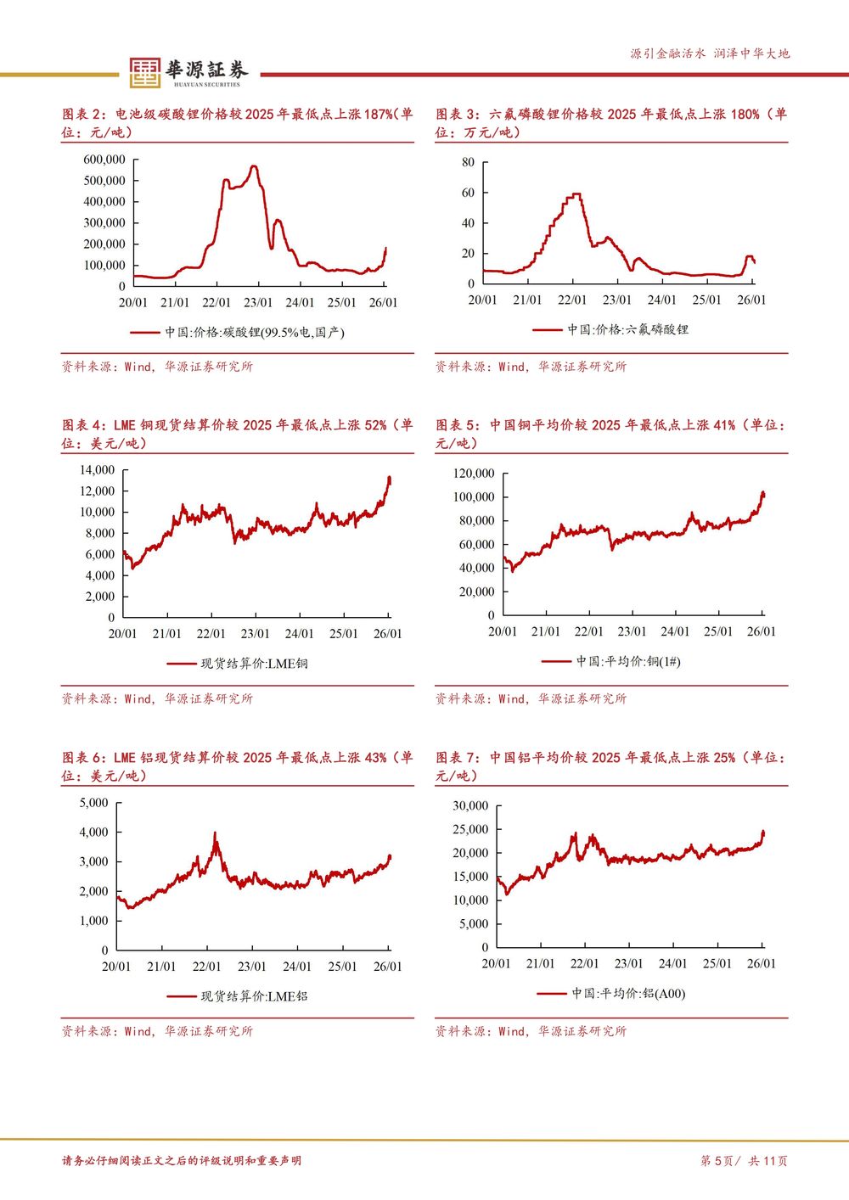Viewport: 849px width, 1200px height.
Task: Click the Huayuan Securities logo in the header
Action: coord(187,72)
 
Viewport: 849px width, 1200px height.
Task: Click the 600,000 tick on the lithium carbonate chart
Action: coord(104,160)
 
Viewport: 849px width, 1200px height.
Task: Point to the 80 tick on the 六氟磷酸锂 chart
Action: coord(468,162)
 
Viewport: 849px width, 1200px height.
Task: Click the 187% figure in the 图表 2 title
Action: coord(378,114)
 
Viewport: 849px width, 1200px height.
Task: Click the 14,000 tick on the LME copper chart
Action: coord(97,470)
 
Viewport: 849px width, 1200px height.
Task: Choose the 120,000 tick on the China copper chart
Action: coord(473,474)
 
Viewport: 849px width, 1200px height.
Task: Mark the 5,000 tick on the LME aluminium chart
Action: coord(93,803)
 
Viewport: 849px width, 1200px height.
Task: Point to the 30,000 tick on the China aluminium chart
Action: coord(470,806)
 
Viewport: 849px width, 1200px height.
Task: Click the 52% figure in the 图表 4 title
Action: coord(374,425)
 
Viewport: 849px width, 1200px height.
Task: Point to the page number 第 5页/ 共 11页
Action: coord(744,1161)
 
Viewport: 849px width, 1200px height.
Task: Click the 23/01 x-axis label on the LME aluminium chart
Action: coord(252,967)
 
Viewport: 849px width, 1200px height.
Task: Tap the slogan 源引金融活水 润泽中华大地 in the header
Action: coord(710,53)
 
